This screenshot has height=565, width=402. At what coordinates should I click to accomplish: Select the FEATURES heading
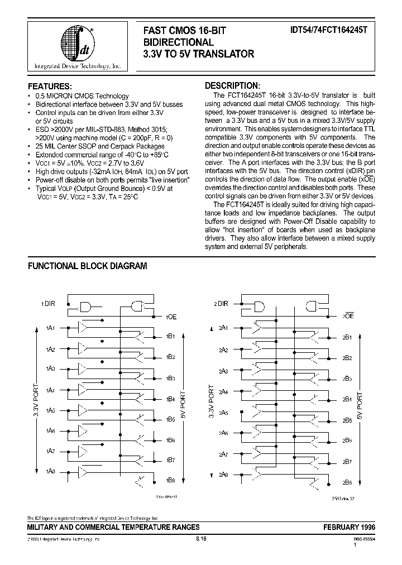[x=50, y=87]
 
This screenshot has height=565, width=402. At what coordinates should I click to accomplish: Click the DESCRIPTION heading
[x=232, y=86]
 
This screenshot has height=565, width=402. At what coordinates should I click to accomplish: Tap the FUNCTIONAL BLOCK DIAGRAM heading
[x=87, y=266]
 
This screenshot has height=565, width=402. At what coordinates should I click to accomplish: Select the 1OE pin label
[x=171, y=317]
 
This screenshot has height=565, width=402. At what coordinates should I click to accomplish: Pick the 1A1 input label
[x=50, y=328]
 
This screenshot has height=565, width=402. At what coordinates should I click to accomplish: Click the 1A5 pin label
[x=50, y=410]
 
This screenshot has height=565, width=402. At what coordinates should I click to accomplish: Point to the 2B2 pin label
[x=347, y=357]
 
